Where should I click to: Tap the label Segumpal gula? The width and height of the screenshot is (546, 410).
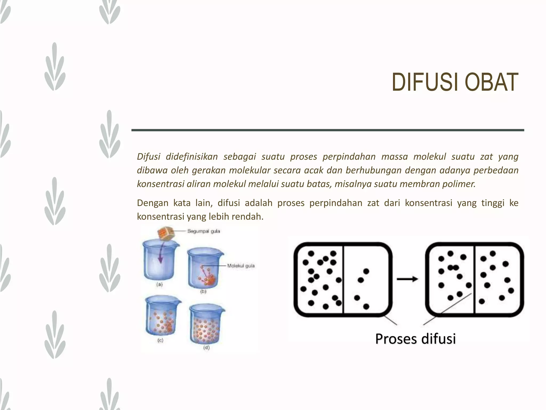pos(204,231)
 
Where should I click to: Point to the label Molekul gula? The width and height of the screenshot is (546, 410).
pos(241,266)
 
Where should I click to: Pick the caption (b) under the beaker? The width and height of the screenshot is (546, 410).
pos(203,292)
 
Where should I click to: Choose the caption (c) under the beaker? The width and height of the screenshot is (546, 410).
pos(160,340)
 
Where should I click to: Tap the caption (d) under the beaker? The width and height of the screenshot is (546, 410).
pos(206,348)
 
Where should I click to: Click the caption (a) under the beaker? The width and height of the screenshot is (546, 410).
pos(159,285)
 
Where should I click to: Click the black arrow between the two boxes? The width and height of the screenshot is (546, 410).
pos(407,279)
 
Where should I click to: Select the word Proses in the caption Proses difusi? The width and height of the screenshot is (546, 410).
pos(396,339)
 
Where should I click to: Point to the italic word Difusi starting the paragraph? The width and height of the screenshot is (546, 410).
pos(148,157)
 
